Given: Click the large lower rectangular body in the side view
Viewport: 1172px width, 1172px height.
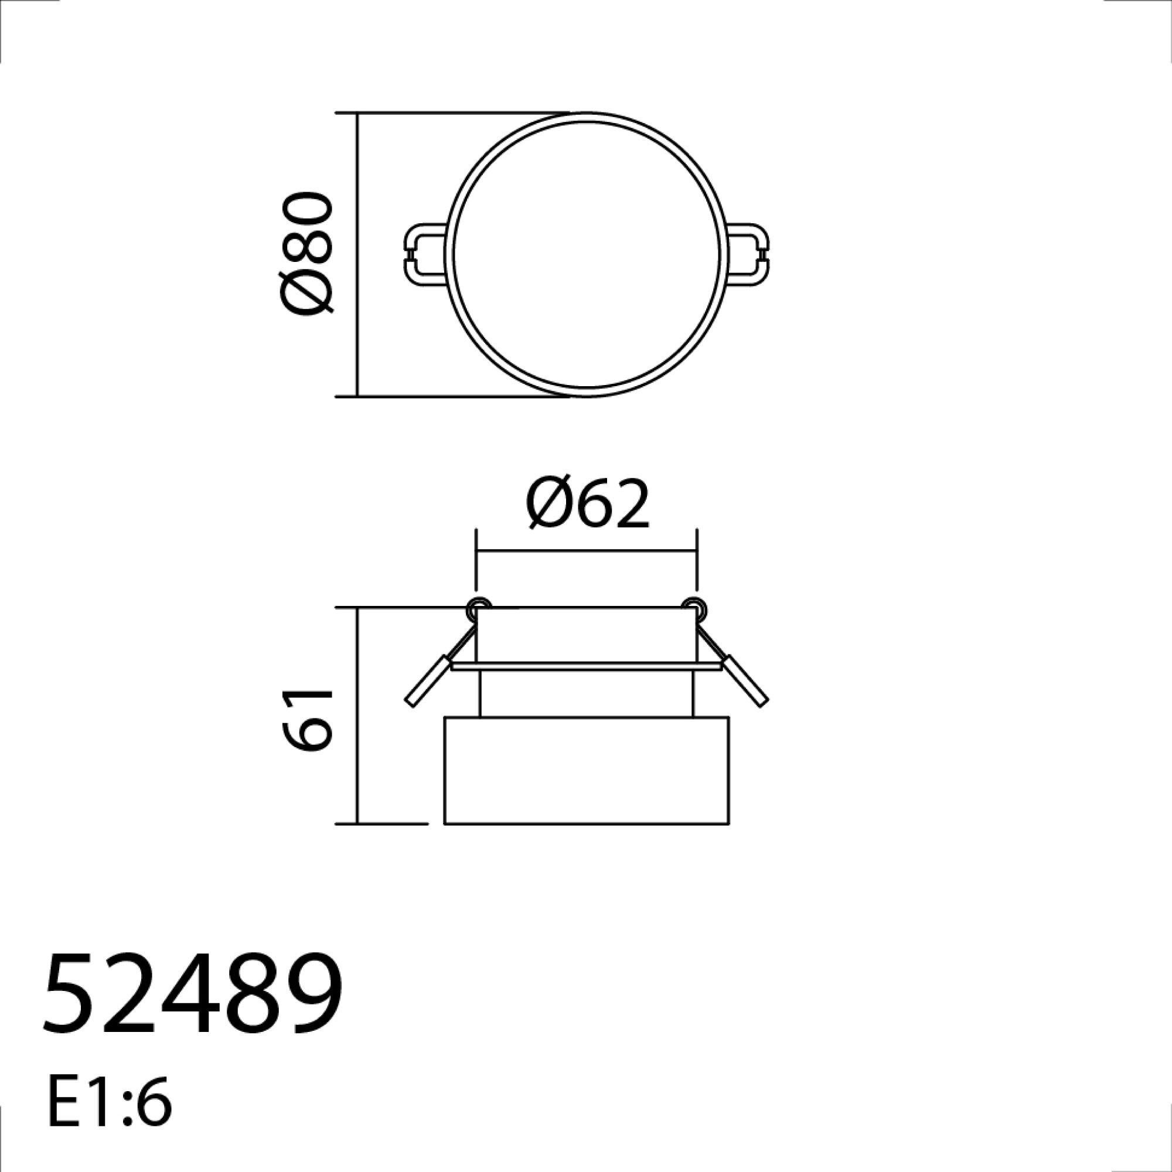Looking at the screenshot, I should tap(586, 771).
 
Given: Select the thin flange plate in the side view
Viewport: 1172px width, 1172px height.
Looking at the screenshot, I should tap(586, 666).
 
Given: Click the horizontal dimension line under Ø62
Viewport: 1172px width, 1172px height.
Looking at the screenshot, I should tap(586, 551).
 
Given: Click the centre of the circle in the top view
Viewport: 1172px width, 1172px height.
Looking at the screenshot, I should tap(586, 255).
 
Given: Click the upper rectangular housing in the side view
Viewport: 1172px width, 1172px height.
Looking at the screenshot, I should tap(586, 634).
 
